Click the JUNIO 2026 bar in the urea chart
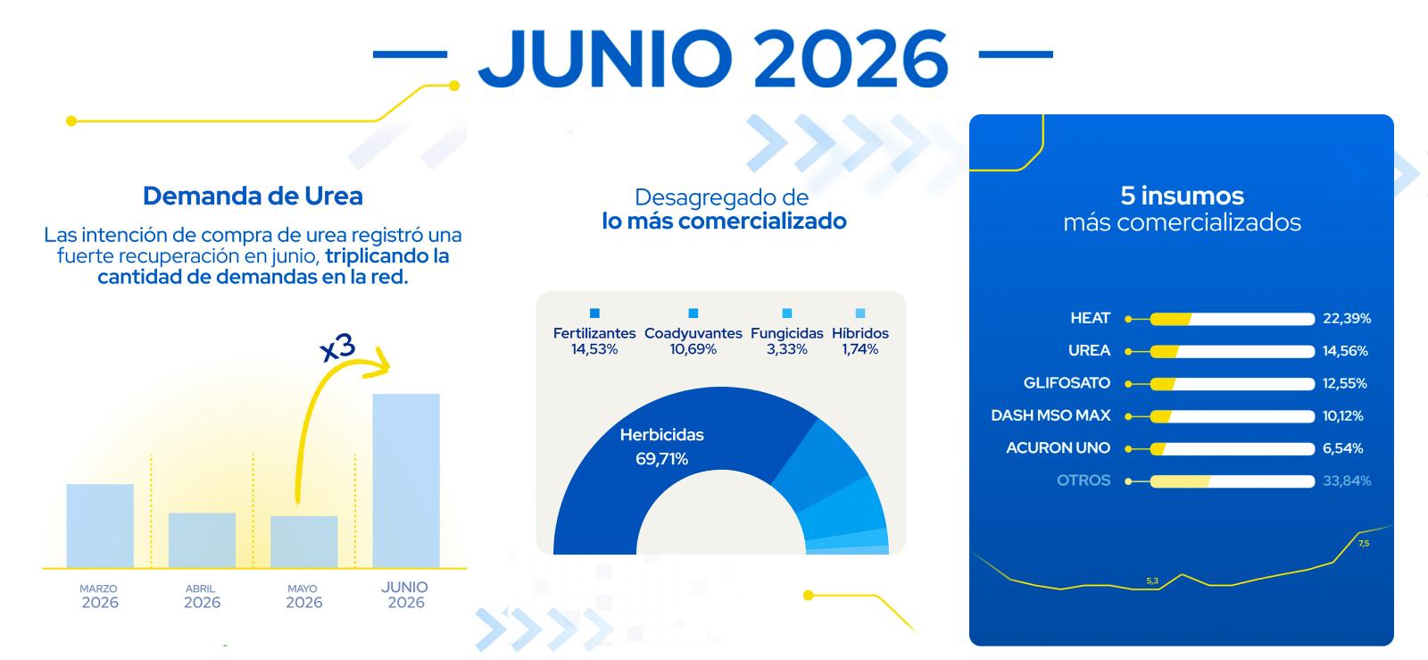point(406,480)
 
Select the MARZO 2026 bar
point(100,525)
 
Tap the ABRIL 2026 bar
point(202,540)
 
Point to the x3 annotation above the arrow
point(338,347)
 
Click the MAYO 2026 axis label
point(303,596)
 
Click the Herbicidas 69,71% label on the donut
point(661,447)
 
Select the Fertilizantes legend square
point(594,313)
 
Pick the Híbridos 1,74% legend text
point(860,341)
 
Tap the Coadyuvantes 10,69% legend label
point(693,341)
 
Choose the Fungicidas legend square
point(787,313)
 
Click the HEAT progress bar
point(1233,319)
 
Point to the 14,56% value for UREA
point(1345,351)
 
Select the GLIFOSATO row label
point(1067,383)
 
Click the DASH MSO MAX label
point(1050,416)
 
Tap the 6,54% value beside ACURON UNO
point(1342,448)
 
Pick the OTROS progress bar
point(1233,481)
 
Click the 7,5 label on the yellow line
point(1364,544)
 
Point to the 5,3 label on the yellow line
point(1152,581)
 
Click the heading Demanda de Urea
point(253,196)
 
